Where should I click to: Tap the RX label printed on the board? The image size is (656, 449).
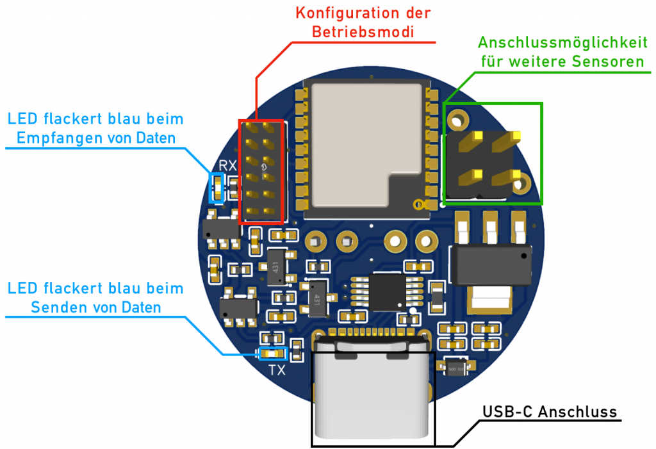click(x=227, y=166)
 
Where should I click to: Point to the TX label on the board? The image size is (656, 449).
click(x=277, y=370)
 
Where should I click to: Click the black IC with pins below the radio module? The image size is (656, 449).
click(x=386, y=291)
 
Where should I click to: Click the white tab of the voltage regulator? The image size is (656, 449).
click(x=491, y=298)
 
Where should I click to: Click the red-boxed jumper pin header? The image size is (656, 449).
click(x=261, y=171)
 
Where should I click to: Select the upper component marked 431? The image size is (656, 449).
click(x=276, y=264)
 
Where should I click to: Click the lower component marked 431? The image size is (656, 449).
click(x=315, y=298)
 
